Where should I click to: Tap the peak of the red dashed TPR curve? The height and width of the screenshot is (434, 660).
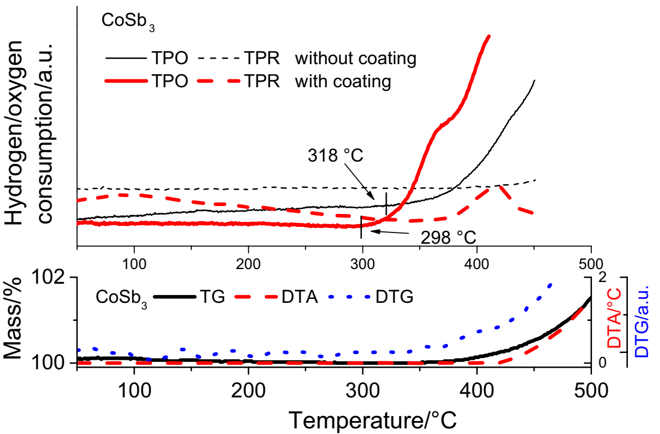(499, 186)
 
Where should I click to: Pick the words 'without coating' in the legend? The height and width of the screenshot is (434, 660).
(356, 57)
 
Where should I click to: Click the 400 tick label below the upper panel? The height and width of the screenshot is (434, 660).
(477, 263)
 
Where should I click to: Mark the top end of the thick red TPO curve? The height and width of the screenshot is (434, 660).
(488, 37)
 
